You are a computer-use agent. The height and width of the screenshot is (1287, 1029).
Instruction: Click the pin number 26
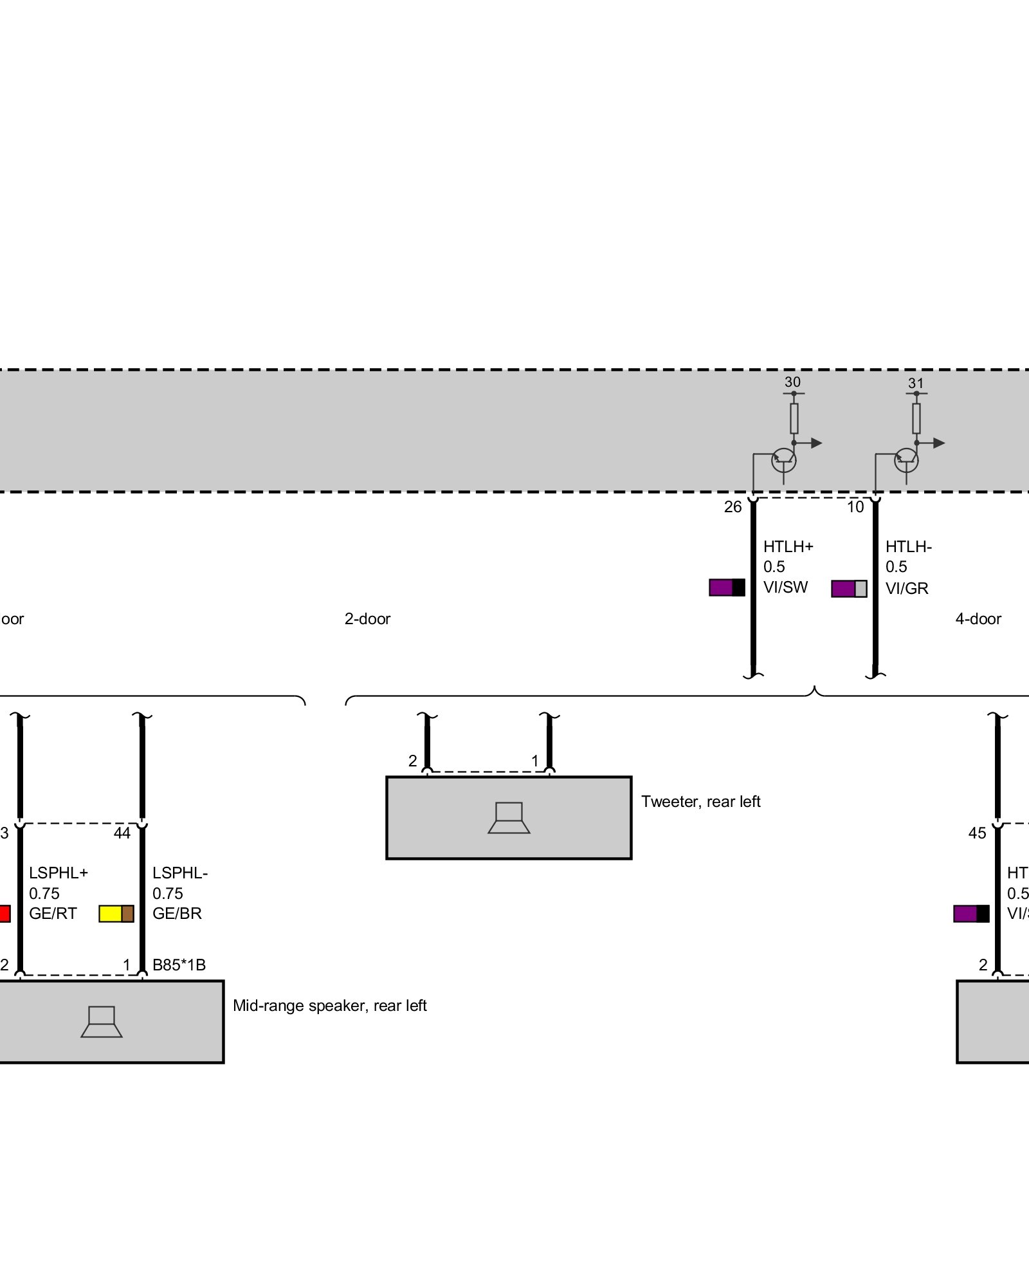733,507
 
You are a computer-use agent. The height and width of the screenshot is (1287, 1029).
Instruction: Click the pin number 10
855,507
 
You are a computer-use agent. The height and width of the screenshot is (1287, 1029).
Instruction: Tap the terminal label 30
792,382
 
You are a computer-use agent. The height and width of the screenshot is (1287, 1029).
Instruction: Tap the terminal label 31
916,383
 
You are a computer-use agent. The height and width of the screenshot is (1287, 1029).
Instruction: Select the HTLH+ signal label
788,546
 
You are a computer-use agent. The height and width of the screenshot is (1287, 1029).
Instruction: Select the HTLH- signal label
908,546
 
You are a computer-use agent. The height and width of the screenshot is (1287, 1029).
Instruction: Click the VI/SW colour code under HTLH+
785,587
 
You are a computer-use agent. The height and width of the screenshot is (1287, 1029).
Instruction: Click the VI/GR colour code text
907,588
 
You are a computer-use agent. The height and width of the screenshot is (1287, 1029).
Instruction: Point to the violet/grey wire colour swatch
849,588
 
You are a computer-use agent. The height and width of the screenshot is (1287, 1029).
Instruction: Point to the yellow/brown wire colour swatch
116,914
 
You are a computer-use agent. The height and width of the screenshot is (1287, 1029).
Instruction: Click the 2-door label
367,619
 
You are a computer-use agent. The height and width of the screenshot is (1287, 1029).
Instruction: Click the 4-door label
978,619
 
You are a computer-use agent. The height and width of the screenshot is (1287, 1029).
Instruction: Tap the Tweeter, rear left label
700,801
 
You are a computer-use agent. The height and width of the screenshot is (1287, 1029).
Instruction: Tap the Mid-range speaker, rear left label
329,1005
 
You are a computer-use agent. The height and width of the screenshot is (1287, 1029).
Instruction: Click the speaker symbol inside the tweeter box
509,818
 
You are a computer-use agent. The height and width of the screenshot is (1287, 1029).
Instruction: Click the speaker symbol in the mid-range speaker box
102,1022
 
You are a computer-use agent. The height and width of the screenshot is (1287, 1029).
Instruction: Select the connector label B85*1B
179,965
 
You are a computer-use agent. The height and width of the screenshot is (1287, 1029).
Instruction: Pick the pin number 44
122,833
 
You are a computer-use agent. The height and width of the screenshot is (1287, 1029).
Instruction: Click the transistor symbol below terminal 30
783,459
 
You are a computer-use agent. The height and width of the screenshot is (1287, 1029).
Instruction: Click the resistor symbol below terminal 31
916,418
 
